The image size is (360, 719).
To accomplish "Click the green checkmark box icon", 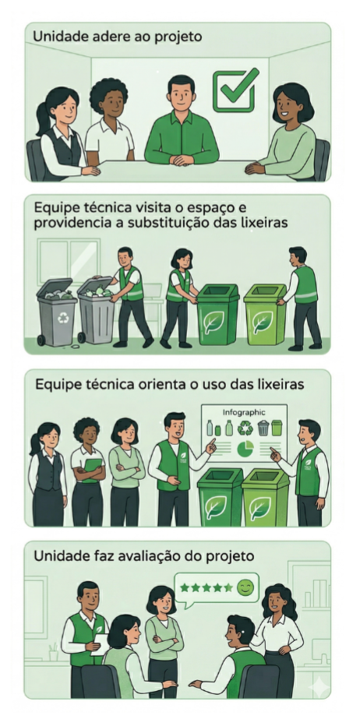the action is [235, 90].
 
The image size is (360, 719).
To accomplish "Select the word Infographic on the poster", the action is [244, 412].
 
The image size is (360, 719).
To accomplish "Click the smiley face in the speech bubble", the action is [245, 588].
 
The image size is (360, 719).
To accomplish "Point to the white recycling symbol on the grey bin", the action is [63, 317].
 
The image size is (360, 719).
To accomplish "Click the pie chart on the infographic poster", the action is [245, 448].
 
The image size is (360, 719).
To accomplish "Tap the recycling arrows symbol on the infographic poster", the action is [245, 428].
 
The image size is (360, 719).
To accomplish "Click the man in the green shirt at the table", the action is [181, 122].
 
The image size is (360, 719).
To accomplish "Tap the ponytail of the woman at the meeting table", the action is [43, 119].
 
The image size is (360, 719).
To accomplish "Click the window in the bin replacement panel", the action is [69, 262].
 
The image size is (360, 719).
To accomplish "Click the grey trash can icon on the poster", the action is [263, 428].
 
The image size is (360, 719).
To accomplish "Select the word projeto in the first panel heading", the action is [179, 37].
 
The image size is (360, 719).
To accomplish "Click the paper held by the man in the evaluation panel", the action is [101, 644].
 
